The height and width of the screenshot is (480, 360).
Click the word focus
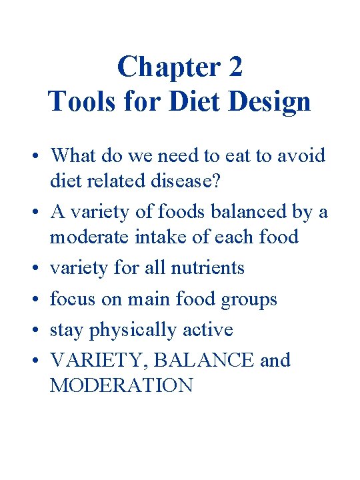coord(71,299)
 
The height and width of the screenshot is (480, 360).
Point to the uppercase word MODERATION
coord(121,386)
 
